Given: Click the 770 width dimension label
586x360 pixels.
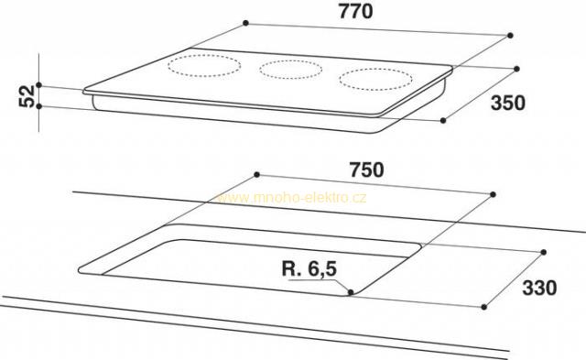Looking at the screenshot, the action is click(355, 11).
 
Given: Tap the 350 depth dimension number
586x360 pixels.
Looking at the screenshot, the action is click(508, 103).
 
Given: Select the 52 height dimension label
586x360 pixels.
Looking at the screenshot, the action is click(27, 96).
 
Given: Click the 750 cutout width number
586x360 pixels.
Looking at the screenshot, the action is click(366, 169).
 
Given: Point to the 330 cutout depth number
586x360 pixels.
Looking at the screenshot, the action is click(539, 288).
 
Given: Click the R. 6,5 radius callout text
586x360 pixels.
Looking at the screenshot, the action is click(309, 268).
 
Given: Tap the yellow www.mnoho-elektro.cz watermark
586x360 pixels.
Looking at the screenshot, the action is click(291, 197).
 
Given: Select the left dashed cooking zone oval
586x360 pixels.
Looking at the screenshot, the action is click(204, 66).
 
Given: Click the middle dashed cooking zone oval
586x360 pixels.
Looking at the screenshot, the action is click(290, 69).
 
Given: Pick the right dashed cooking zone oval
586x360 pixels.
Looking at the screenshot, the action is click(375, 80).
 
